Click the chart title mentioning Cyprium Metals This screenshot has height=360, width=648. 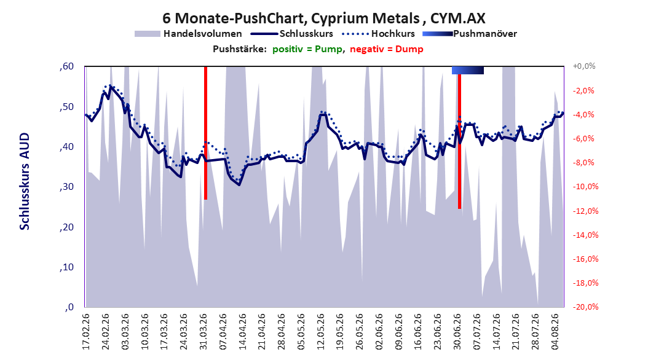(x=323, y=18)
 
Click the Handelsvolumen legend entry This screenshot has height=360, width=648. (x=189, y=34)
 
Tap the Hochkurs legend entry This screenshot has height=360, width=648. (x=379, y=34)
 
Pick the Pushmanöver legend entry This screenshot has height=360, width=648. (x=470, y=34)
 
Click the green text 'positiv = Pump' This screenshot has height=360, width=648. (x=307, y=49)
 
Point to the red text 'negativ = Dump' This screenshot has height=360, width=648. (x=387, y=49)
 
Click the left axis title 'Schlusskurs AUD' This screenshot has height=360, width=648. (x=25, y=181)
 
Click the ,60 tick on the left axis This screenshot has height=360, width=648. (x=66, y=66)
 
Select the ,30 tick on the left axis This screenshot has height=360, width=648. (x=66, y=187)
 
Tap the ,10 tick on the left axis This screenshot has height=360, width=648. (x=66, y=267)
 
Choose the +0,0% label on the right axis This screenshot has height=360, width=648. (x=584, y=66)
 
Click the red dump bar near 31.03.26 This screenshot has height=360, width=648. (x=205, y=133)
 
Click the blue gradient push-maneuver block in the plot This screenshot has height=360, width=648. (x=468, y=70)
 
